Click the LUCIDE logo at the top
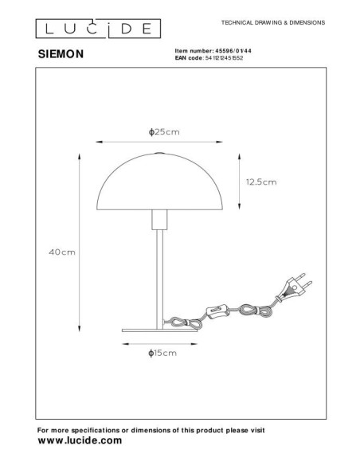89,29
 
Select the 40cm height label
62,252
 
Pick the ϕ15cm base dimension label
162,351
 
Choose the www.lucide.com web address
80,440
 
